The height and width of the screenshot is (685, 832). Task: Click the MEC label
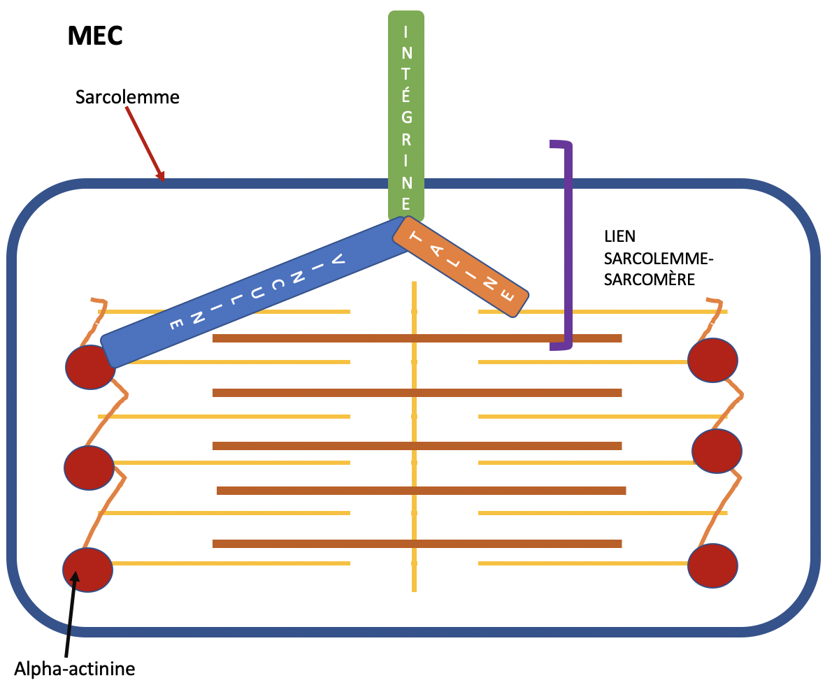pyautogui.click(x=95, y=36)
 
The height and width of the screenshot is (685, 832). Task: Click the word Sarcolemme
pyautogui.click(x=127, y=97)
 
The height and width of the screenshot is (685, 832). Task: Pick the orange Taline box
pyautogui.click(x=461, y=266)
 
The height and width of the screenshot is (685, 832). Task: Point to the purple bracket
pyautogui.click(x=568, y=245)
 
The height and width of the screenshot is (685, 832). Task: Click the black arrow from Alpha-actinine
pyautogui.click(x=71, y=615)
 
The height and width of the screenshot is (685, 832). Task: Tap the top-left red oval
pyautogui.click(x=89, y=367)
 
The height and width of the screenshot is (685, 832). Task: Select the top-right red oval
pyautogui.click(x=712, y=360)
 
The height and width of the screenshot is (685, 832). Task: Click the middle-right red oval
pyautogui.click(x=717, y=451)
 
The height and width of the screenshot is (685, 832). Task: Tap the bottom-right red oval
pyautogui.click(x=712, y=565)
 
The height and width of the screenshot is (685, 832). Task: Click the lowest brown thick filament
pyautogui.click(x=417, y=544)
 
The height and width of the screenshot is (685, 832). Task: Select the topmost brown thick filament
pyautogui.click(x=417, y=338)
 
